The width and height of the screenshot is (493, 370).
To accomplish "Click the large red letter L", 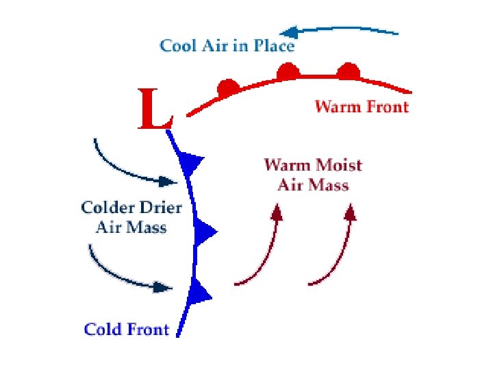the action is point(154,110).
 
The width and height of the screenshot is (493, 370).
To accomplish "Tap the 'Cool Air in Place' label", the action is point(227,46).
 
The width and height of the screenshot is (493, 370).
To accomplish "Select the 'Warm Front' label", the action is point(361,106).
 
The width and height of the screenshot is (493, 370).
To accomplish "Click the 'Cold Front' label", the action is point(126,330).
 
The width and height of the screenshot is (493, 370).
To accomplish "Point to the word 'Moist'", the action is point(338,165).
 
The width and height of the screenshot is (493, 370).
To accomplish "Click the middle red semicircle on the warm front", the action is point(288,71).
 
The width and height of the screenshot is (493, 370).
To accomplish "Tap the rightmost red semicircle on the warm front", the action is point(348,71).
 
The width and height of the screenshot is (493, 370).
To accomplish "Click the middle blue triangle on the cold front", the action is point(203,233).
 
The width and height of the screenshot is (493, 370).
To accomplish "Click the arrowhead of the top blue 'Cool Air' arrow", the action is point(288,32).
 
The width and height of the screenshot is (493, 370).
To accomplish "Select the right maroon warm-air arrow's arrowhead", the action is point(350,212).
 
